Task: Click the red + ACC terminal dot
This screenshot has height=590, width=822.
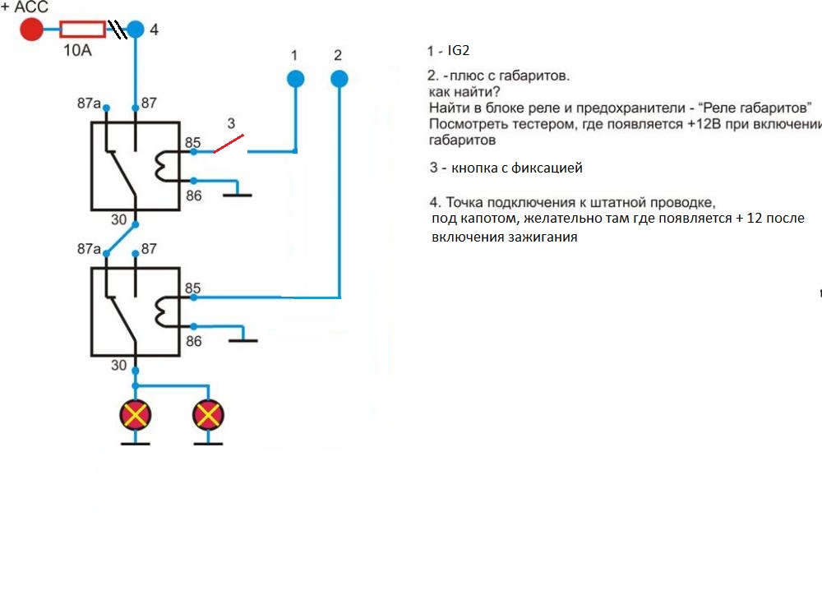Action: tap(31, 30)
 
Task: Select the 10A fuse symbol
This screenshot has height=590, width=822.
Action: tap(82, 30)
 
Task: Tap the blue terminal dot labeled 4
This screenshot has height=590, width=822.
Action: tap(136, 30)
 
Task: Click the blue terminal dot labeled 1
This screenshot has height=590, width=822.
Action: tap(295, 79)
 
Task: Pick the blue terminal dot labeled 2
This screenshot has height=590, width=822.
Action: tap(339, 79)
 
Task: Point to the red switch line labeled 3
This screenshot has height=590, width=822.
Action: tap(229, 145)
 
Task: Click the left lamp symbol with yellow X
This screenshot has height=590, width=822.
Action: tap(136, 415)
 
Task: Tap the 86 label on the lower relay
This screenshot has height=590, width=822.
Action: tap(193, 341)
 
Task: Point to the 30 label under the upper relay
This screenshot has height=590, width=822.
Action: tap(119, 220)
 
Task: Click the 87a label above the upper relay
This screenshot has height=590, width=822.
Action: tap(89, 104)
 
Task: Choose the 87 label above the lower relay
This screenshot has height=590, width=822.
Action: tap(149, 249)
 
